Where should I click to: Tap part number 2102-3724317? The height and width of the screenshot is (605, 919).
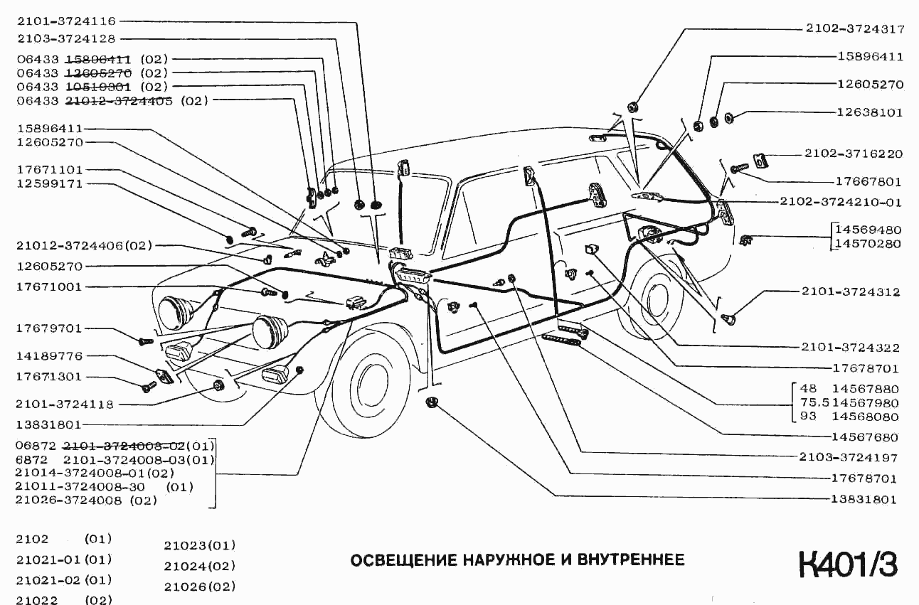855,29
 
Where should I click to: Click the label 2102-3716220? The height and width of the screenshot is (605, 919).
854,154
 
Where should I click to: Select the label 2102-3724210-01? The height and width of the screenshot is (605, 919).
840,202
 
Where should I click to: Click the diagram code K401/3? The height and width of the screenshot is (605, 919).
848,564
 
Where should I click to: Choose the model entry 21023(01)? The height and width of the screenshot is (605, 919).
199,545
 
